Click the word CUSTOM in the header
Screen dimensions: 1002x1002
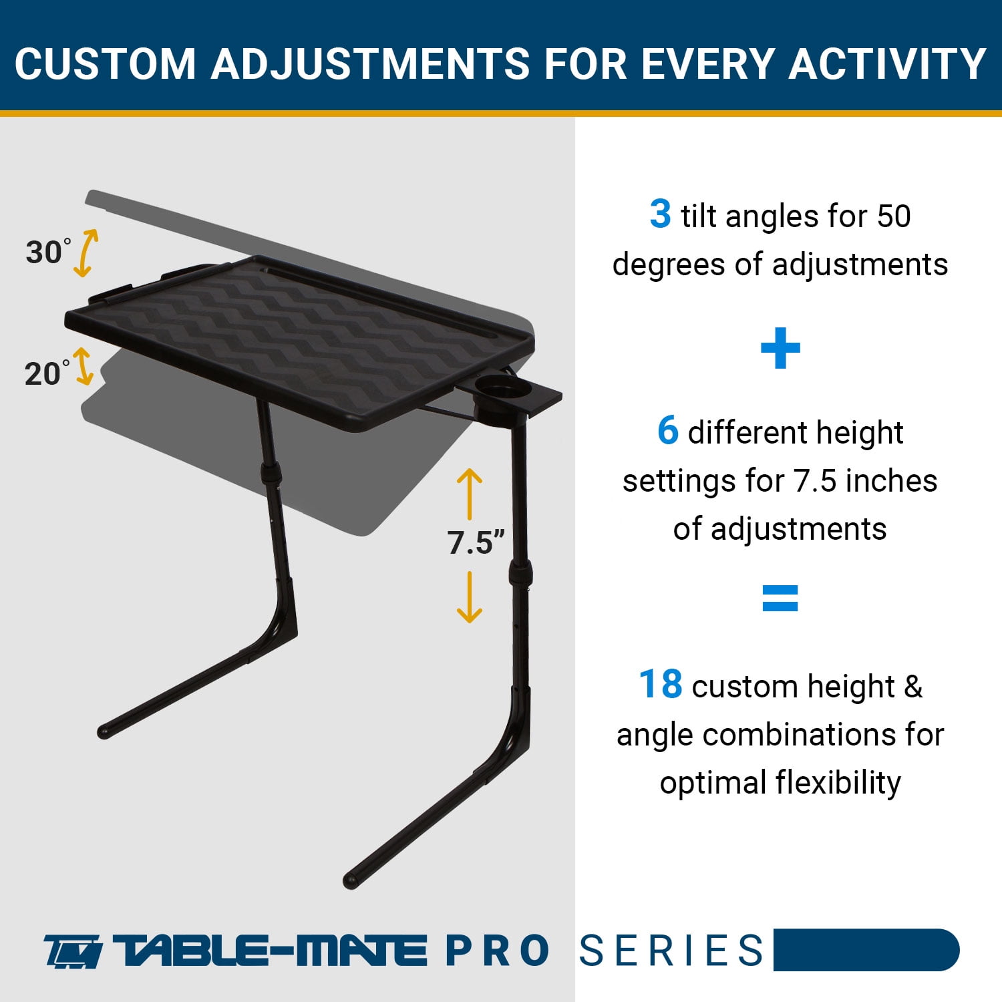[104, 64]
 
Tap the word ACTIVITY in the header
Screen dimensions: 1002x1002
[887, 64]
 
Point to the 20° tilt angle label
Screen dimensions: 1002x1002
[47, 373]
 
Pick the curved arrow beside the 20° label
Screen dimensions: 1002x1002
[83, 366]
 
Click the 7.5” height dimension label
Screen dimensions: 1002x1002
[476, 542]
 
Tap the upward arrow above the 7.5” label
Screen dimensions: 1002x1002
[470, 494]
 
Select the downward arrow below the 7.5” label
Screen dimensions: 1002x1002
[470, 597]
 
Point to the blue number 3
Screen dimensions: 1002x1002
[660, 214]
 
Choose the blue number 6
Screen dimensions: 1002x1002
[668, 430]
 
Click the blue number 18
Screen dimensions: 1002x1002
[661, 684]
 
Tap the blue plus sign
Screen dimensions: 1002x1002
[780, 348]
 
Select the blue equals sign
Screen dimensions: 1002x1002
[780, 598]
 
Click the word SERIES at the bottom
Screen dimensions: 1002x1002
[671, 951]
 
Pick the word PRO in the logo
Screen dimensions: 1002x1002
[497, 951]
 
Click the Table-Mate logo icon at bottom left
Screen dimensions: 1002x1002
[73, 951]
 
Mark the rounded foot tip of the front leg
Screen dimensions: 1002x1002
[350, 880]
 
